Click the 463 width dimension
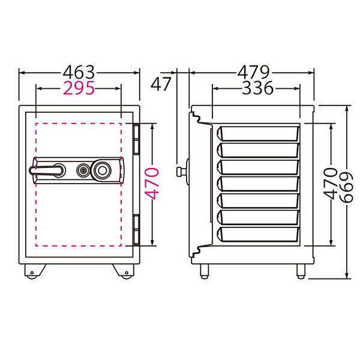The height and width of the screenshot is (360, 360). pyautogui.click(x=79, y=73)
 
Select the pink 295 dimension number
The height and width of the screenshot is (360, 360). pyautogui.click(x=79, y=88)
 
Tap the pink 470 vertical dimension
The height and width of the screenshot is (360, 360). pyautogui.click(x=152, y=184)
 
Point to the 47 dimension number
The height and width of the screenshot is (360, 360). pyautogui.click(x=161, y=84)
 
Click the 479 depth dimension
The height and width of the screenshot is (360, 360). pyautogui.click(x=253, y=73)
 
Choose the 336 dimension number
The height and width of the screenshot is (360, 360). pyautogui.click(x=257, y=88)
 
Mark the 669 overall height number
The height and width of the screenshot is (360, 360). pyautogui.click(x=346, y=187)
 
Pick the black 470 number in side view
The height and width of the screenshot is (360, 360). pyautogui.click(x=331, y=184)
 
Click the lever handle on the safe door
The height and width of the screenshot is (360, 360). pyautogui.click(x=47, y=170)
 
